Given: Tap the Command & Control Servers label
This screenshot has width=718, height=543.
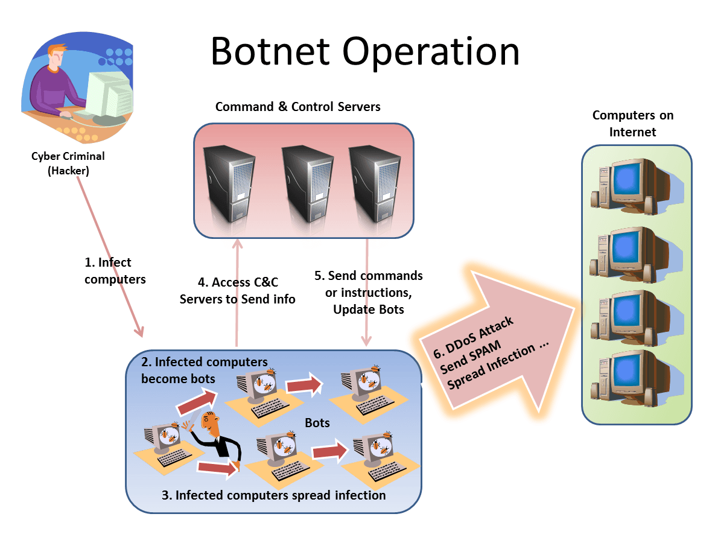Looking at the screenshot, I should pos(298,107).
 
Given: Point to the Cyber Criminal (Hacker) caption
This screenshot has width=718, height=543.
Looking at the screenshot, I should pos(68,163).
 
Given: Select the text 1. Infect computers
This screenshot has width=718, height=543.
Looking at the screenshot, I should pos(115,270).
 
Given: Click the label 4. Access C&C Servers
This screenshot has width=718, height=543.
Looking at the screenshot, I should pos(237,290).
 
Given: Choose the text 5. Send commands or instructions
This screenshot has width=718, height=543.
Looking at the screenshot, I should pos(369,284).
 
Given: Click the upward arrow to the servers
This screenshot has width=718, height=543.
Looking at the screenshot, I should pos(238,290).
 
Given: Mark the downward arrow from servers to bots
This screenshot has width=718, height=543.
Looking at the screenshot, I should pos(366,290).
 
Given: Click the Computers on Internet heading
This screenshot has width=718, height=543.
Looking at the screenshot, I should pos(632,123).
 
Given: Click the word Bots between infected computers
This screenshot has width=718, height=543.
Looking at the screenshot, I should pos(317,422).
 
